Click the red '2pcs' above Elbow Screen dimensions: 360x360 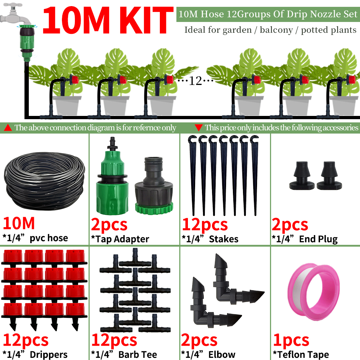(x=199, y=340)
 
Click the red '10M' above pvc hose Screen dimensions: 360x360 (x=19, y=223)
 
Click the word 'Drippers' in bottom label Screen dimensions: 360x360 (x=48, y=355)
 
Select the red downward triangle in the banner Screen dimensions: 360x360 (x=198, y=127)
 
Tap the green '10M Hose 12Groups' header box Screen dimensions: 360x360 (x=267, y=15)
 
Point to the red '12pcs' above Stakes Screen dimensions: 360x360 (x=204, y=225)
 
